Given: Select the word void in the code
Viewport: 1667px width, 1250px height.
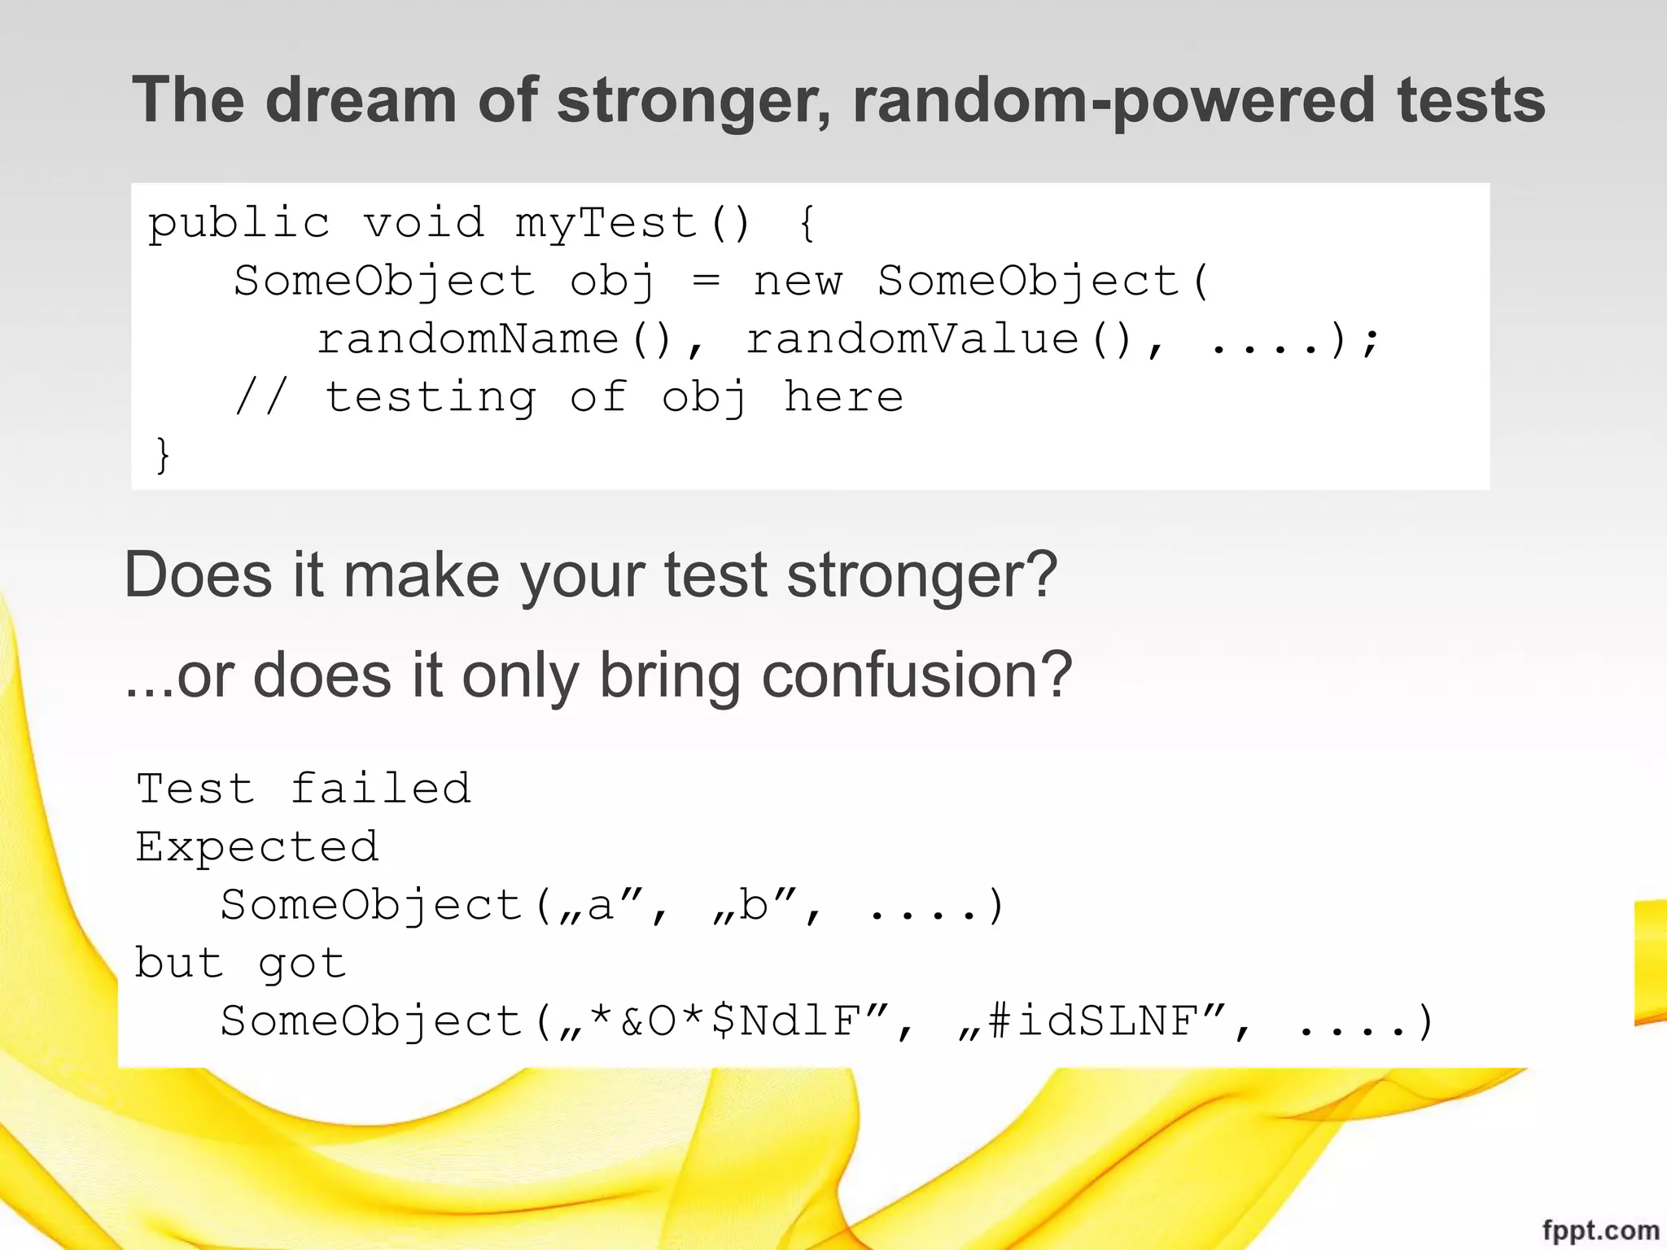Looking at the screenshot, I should [x=423, y=223].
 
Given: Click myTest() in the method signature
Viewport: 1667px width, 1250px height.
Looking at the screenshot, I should [x=632, y=223].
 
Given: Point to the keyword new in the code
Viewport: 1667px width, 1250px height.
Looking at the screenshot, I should [x=798, y=282].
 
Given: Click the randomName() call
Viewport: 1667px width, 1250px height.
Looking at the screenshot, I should [x=493, y=339].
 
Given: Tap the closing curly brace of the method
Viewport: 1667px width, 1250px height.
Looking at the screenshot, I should [x=163, y=454].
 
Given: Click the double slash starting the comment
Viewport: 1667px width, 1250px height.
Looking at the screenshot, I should [x=260, y=397].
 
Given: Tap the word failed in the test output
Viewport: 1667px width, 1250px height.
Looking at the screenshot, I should [x=381, y=789].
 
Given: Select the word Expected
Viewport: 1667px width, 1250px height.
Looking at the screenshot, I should [x=257, y=847].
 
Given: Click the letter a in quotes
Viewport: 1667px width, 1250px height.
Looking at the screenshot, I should [x=601, y=906].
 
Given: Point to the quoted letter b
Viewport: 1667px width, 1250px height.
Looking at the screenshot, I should [x=754, y=906].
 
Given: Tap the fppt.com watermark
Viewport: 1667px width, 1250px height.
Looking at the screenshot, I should [x=1600, y=1230].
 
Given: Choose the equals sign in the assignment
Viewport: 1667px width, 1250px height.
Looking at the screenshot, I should [x=705, y=282].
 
